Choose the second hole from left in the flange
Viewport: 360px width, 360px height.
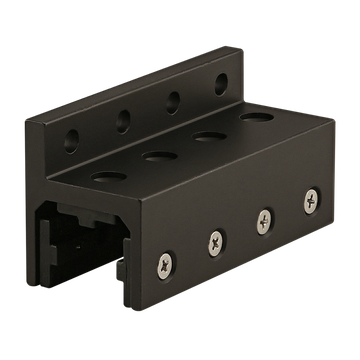pyautogui.click(x=125, y=120)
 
